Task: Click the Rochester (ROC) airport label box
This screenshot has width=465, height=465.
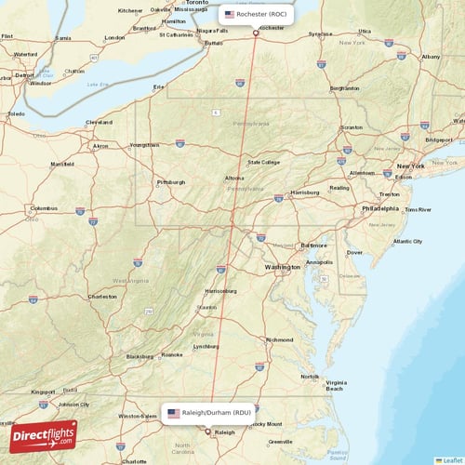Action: [258, 15]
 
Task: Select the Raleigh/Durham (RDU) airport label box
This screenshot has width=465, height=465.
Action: [208, 412]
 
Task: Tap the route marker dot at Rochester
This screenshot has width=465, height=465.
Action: [257, 33]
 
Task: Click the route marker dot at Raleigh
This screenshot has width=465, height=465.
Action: [207, 431]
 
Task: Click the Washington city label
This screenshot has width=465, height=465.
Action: [282, 267]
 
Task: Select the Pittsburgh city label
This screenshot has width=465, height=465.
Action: [171, 182]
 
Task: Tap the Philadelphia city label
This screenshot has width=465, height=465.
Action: [379, 208]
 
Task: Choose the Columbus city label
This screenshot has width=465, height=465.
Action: [45, 207]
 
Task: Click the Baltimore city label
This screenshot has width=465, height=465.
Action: [314, 245]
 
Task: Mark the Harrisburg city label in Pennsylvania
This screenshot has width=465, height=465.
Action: [304, 193]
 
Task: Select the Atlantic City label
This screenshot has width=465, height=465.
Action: [406, 242]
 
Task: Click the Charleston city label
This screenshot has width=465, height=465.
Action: [101, 297]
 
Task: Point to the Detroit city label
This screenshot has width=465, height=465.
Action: [24, 74]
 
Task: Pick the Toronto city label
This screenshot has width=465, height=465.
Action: [196, 4]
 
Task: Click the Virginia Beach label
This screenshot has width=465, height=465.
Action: [336, 387]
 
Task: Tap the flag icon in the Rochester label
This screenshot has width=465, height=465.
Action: [230, 15]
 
